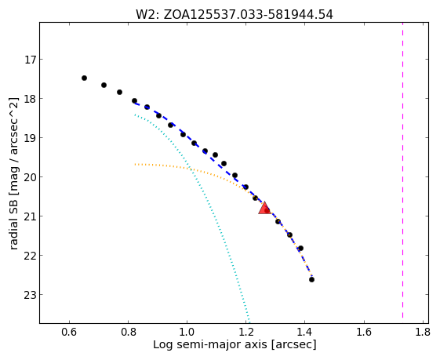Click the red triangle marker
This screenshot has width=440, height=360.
click(x=264, y=208)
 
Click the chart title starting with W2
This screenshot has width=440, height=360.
click(x=235, y=15)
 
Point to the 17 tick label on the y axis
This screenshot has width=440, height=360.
click(x=30, y=60)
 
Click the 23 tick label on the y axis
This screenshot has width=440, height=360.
click(x=30, y=295)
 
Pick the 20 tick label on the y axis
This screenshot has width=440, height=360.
click(x=30, y=177)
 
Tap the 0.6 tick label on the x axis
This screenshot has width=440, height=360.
click(x=69, y=333)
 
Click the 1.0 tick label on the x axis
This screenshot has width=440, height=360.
click(x=187, y=333)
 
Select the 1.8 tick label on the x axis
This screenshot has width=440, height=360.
click(x=423, y=333)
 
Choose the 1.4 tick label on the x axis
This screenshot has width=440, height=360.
click(x=305, y=333)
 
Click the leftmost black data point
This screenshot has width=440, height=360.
click(x=84, y=78)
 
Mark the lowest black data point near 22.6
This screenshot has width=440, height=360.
click(x=311, y=279)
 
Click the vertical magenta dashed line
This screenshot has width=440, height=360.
click(x=402, y=169)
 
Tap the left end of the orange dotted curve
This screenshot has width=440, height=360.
click(x=135, y=164)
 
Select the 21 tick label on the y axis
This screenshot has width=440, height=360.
click(x=30, y=216)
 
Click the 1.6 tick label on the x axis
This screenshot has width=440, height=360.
click(x=364, y=333)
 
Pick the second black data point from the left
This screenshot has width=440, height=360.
click(x=104, y=85)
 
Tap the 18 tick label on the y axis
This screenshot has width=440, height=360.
click(x=30, y=99)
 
